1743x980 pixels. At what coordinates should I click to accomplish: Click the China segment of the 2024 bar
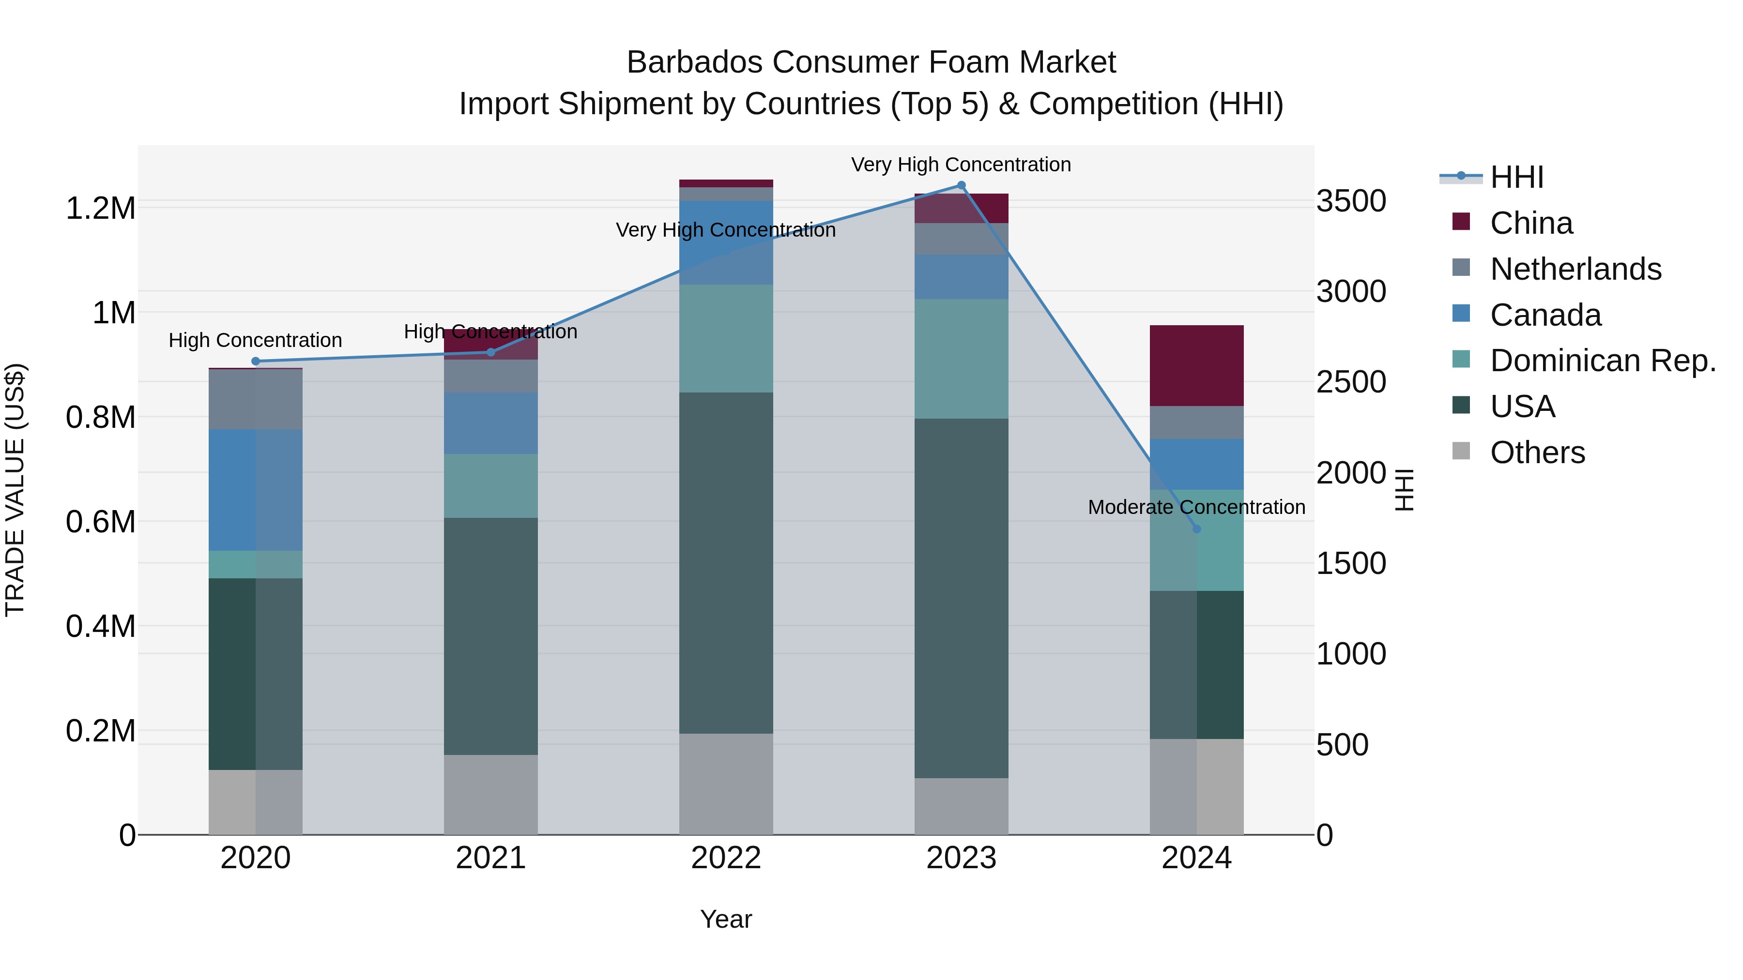point(1196,365)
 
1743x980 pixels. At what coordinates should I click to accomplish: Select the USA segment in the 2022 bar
point(726,563)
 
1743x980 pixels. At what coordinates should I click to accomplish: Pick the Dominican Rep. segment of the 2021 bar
point(490,485)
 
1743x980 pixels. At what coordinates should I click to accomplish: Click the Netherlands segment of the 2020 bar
point(255,399)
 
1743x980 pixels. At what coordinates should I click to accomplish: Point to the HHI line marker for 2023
point(961,185)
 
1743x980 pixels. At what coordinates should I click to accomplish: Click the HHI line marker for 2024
point(1196,529)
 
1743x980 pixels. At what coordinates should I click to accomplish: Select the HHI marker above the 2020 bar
point(255,361)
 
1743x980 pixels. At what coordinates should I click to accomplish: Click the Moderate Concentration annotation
point(1196,507)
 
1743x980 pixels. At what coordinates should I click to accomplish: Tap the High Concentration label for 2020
point(255,340)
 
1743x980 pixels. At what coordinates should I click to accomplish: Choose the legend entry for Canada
point(1545,315)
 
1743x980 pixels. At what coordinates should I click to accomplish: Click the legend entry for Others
point(1537,452)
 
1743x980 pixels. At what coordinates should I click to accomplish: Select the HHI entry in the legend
point(1516,177)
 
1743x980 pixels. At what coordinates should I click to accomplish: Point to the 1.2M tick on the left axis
point(100,208)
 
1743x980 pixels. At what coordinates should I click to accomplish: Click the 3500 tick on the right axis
point(1350,201)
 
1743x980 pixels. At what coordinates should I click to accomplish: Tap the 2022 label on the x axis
point(726,858)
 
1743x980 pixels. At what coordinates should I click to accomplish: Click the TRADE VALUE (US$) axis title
point(15,490)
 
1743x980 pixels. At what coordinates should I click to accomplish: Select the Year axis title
point(726,919)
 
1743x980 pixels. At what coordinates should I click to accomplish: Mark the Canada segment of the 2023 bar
point(961,277)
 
